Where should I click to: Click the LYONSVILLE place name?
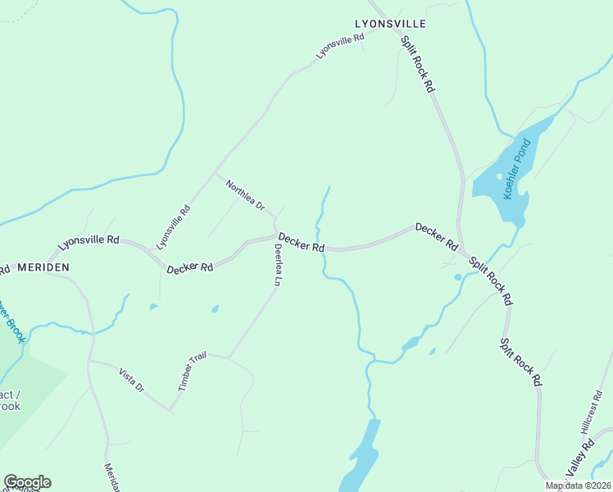(x=390, y=25)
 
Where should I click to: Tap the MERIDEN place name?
(x=43, y=267)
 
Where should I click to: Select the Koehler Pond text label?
(x=518, y=168)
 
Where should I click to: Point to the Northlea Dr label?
(x=246, y=194)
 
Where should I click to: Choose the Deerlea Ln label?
(x=279, y=265)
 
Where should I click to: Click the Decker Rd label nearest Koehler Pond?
(x=436, y=236)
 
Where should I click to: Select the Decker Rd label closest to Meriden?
(x=190, y=268)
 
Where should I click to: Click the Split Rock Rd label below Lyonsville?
(x=417, y=63)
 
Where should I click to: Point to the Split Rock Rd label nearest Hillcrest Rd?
(x=521, y=361)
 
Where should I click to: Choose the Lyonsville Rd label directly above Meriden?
(x=89, y=244)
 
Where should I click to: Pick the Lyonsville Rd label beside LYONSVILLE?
(x=340, y=46)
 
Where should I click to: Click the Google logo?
(x=27, y=482)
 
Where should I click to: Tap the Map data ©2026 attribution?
(x=578, y=485)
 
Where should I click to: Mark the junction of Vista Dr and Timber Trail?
(x=170, y=410)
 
